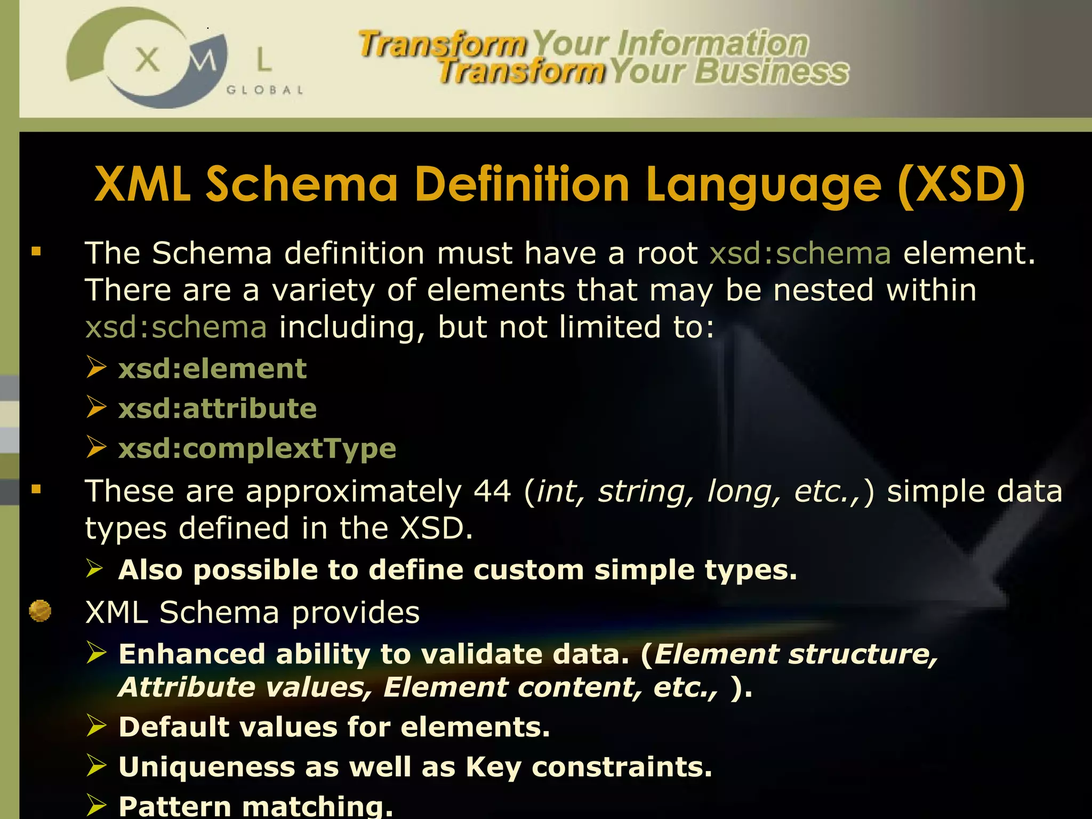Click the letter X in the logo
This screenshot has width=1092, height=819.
click(x=147, y=59)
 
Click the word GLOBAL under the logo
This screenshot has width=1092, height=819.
click(x=264, y=90)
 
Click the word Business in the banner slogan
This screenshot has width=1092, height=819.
click(x=771, y=72)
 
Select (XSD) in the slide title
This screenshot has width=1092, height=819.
click(x=961, y=184)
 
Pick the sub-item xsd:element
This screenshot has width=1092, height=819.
click(x=212, y=369)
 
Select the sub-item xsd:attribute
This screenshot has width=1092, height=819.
click(x=218, y=409)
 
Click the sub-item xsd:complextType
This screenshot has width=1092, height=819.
click(x=257, y=448)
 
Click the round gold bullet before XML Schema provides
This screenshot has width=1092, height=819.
click(x=40, y=611)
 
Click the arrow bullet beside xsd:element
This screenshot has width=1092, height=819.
click(x=97, y=367)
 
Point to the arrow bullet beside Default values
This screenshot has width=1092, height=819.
click(x=97, y=726)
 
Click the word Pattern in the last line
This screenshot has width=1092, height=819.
click(x=174, y=806)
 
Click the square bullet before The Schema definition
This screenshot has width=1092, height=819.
click(x=36, y=252)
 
